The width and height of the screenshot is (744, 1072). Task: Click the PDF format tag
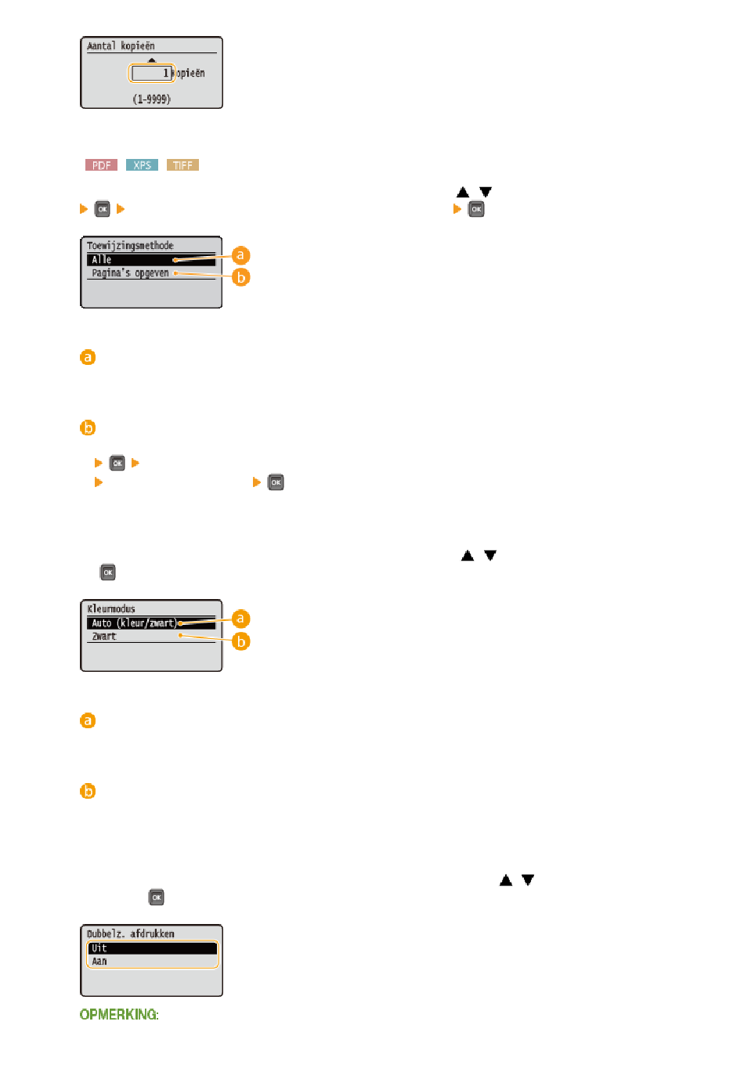[x=101, y=165]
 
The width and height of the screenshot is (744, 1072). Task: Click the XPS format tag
[x=142, y=165]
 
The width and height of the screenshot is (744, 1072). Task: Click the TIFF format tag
[x=182, y=165]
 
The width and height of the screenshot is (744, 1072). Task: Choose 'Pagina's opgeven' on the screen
[x=130, y=273]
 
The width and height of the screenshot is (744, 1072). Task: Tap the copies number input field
[x=152, y=74]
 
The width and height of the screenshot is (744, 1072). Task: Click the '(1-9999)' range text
[x=151, y=99]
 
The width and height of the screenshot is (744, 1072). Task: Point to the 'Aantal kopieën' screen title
[x=121, y=46]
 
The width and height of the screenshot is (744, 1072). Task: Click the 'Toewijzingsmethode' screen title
[x=130, y=246]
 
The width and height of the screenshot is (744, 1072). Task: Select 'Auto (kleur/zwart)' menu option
[x=134, y=623]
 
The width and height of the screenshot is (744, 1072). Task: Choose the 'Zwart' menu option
[x=104, y=637]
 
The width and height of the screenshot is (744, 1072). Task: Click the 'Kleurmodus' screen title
[x=111, y=609]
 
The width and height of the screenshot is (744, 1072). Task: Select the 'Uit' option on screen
[x=99, y=948]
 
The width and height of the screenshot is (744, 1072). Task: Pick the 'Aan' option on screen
[x=99, y=962]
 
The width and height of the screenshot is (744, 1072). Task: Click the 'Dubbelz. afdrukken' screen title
[x=131, y=934]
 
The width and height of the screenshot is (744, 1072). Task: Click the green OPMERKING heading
[x=119, y=1015]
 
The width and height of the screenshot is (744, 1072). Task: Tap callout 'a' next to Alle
[x=241, y=255]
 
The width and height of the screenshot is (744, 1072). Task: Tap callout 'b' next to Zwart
[x=241, y=641]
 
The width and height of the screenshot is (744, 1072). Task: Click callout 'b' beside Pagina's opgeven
[x=241, y=277]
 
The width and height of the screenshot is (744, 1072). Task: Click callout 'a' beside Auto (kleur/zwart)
[x=241, y=619]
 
